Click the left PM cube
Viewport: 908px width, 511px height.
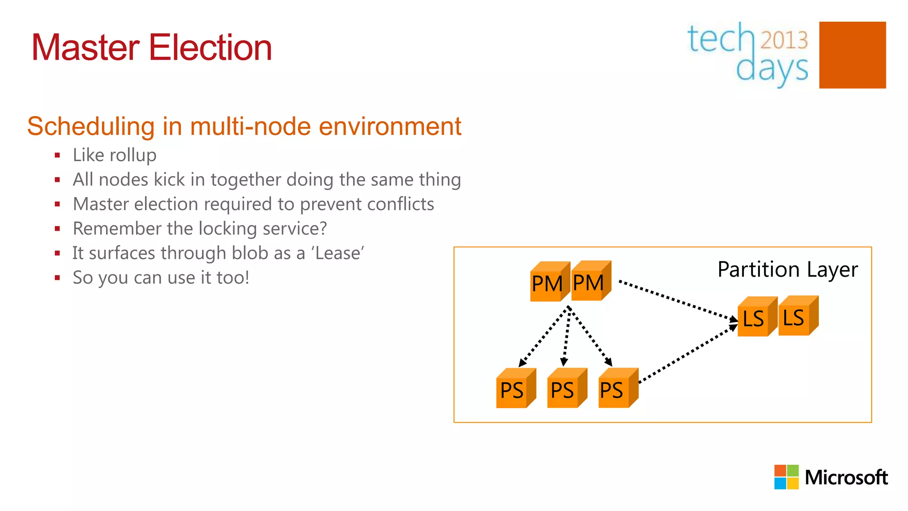[548, 283]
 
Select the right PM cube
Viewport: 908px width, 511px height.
[589, 282]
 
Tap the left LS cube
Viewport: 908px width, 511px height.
[755, 318]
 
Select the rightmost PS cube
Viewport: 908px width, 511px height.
[616, 389]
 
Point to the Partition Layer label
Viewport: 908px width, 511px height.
[787, 269]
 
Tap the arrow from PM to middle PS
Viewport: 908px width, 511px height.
[566, 337]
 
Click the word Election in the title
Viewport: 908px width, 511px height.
[210, 47]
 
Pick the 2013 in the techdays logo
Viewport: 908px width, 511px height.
[784, 40]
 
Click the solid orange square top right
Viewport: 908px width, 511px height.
[852, 55]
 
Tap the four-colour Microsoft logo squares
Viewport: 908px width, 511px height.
[786, 477]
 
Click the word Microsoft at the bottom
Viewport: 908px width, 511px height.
[846, 477]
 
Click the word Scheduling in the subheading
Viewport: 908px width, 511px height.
[91, 126]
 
